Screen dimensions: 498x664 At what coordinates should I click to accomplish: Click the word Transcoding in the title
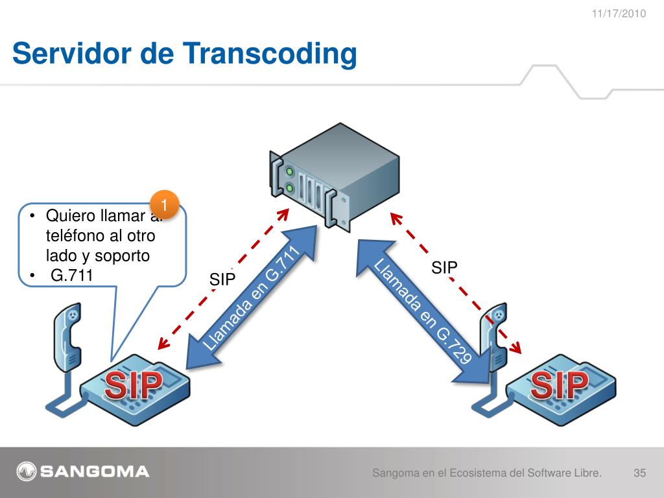tap(272, 54)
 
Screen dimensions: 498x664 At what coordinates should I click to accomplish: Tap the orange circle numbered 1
tap(165, 205)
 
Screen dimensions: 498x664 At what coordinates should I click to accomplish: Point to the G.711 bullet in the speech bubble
tap(72, 276)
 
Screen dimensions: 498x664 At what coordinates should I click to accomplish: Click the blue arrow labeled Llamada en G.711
tap(253, 298)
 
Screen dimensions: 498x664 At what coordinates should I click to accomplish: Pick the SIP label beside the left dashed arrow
tap(222, 280)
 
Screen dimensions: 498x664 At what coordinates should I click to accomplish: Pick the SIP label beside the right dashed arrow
tap(445, 267)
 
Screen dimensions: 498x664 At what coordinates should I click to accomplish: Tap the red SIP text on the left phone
tap(134, 387)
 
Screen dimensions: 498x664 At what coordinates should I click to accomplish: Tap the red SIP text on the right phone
tap(559, 387)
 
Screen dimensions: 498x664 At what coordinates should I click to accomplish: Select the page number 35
tap(639, 473)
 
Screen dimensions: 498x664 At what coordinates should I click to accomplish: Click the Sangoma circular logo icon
tap(27, 471)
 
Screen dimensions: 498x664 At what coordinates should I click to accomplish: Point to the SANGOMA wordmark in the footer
tap(95, 471)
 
